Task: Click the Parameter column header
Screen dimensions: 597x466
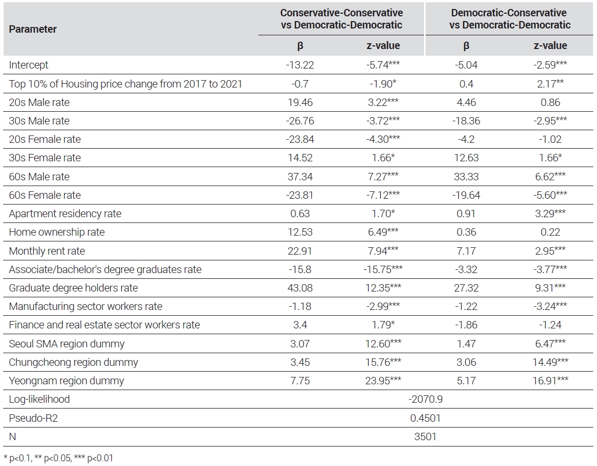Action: point(33,30)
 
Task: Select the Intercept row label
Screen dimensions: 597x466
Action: point(28,65)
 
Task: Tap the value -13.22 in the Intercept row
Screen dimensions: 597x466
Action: point(300,65)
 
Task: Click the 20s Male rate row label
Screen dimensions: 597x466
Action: point(39,102)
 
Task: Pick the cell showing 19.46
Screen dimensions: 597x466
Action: point(300,102)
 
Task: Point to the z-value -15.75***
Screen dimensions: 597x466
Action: point(383,269)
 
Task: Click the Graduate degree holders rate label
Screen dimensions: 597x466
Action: point(73,288)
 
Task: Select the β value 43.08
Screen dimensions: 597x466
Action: point(300,288)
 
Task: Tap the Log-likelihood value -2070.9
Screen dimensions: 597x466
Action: point(425,399)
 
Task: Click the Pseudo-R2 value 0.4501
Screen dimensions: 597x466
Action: point(425,418)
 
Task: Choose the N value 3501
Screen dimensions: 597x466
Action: point(425,436)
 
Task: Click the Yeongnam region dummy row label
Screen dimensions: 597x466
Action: point(66,381)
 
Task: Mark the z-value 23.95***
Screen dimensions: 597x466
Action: point(383,381)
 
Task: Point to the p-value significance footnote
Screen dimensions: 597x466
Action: point(58,458)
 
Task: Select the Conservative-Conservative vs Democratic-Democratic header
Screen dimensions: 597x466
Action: point(342,18)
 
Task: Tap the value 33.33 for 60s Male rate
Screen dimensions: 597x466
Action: point(466,177)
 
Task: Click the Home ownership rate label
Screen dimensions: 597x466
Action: point(57,232)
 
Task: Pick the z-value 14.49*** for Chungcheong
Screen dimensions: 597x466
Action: point(550,362)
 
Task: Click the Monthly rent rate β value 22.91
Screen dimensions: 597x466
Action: point(300,251)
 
